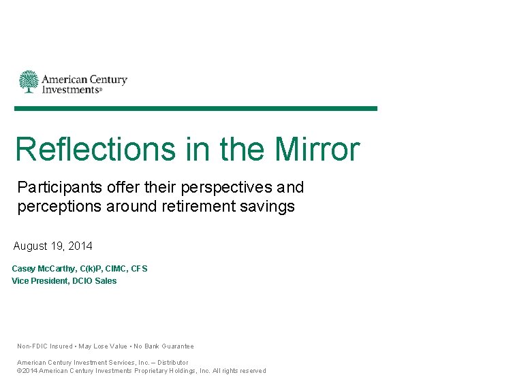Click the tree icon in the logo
click(x=29, y=82)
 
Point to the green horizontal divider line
click(x=196, y=108)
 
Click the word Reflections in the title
click(x=95, y=149)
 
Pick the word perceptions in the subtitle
click(x=59, y=206)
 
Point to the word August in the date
click(x=30, y=246)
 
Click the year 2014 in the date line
click(x=80, y=246)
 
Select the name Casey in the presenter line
click(x=24, y=269)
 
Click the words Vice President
click(x=40, y=281)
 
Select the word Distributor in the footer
click(x=172, y=363)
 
